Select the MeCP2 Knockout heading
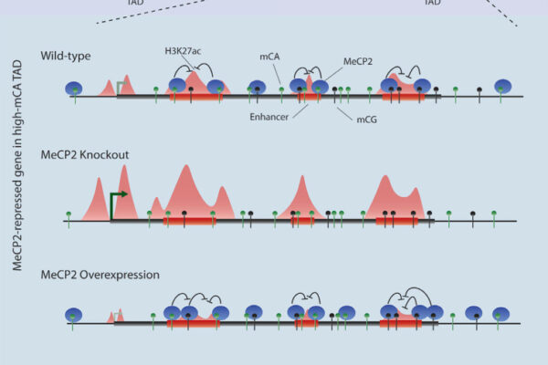(x=84, y=155)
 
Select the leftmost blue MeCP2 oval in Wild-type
(x=74, y=89)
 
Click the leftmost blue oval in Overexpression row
(x=74, y=315)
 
